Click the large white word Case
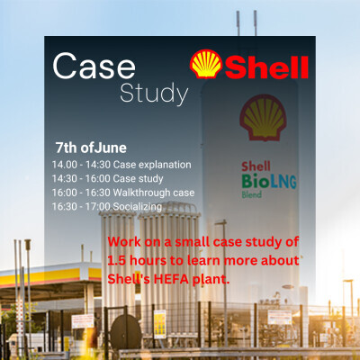[94, 66]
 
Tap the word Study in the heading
[154, 94]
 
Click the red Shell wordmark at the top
[266, 67]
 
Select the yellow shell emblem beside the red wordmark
[206, 64]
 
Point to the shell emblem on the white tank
[263, 118]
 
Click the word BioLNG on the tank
[269, 181]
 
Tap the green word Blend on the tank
[252, 194]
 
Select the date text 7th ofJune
[91, 148]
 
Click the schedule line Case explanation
[121, 165]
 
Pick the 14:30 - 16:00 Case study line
[107, 179]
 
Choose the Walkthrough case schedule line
[123, 193]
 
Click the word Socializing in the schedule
[138, 207]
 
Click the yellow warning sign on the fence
[160, 324]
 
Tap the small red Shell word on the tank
[256, 166]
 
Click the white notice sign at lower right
[280, 318]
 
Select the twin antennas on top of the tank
[247, 23]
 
